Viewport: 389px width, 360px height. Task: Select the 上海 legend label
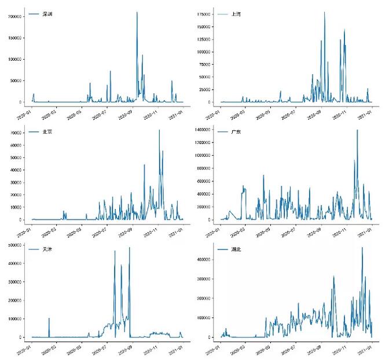point(236,13)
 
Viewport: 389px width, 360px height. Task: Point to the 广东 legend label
point(236,132)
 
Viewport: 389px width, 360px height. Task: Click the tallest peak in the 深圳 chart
point(137,12)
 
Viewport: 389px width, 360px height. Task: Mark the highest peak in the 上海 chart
point(324,12)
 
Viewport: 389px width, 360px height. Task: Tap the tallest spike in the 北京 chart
point(159,130)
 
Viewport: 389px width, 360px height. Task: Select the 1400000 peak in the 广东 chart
point(357,130)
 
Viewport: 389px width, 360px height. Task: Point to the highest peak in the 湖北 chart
point(362,248)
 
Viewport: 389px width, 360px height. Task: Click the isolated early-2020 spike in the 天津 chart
point(49,318)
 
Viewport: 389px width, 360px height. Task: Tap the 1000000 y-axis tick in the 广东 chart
point(202,156)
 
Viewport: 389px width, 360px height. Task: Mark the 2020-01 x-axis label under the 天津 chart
point(25,350)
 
